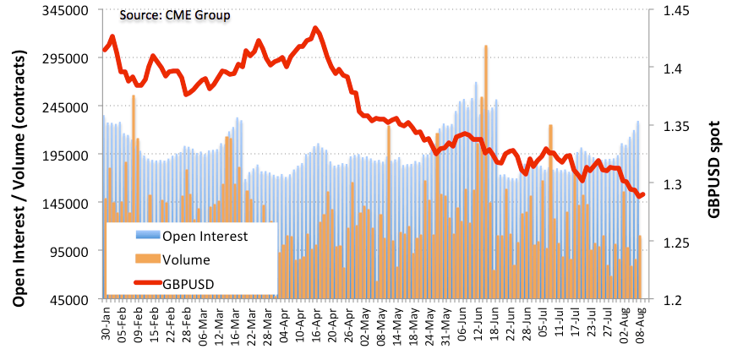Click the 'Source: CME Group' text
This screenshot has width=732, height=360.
tap(174, 15)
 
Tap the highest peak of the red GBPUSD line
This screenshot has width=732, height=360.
tap(314, 28)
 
